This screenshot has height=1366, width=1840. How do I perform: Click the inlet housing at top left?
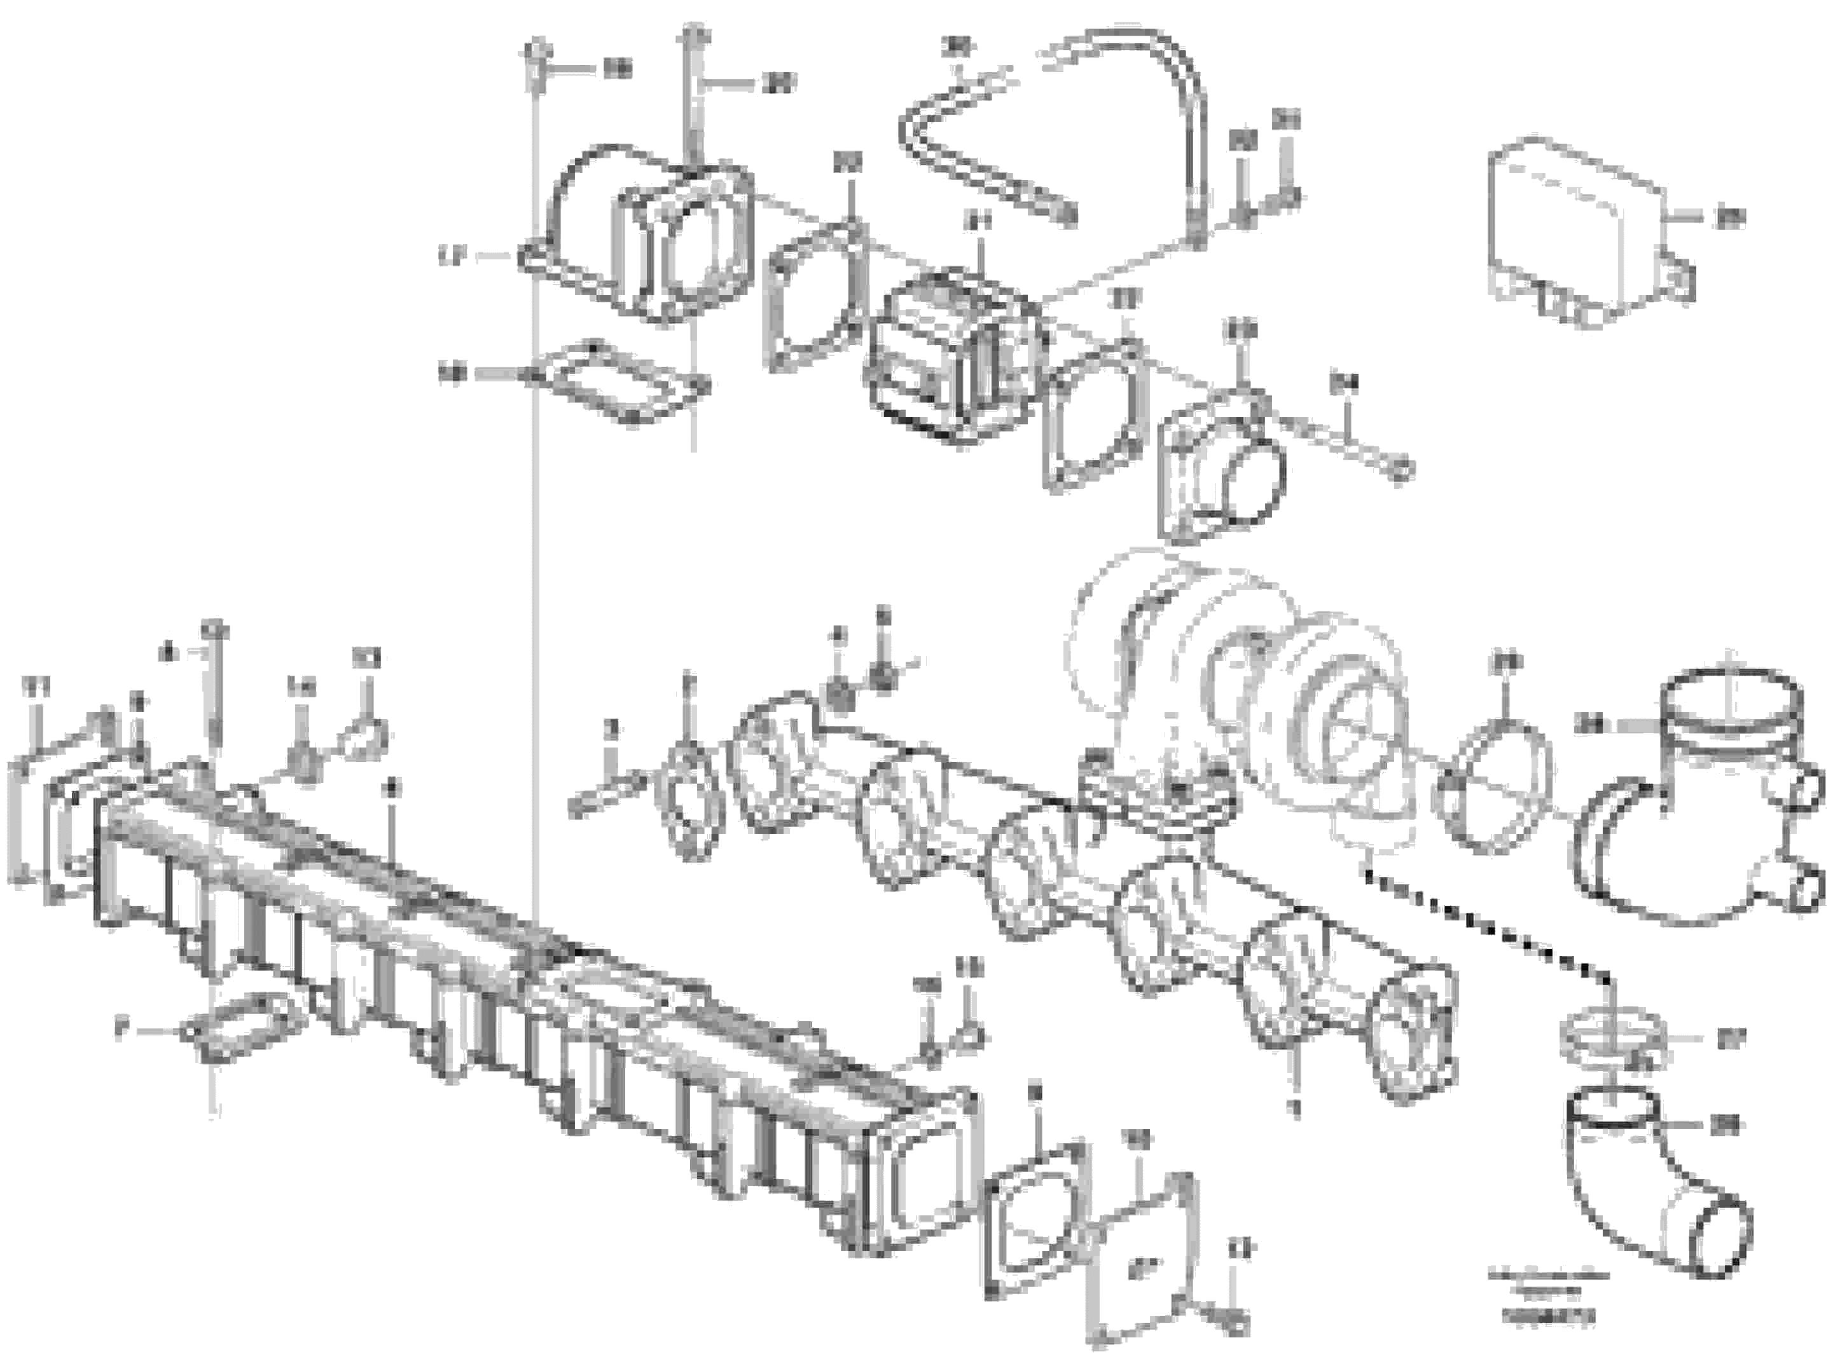tap(646, 240)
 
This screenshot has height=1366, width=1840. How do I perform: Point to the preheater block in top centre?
tap(951, 355)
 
